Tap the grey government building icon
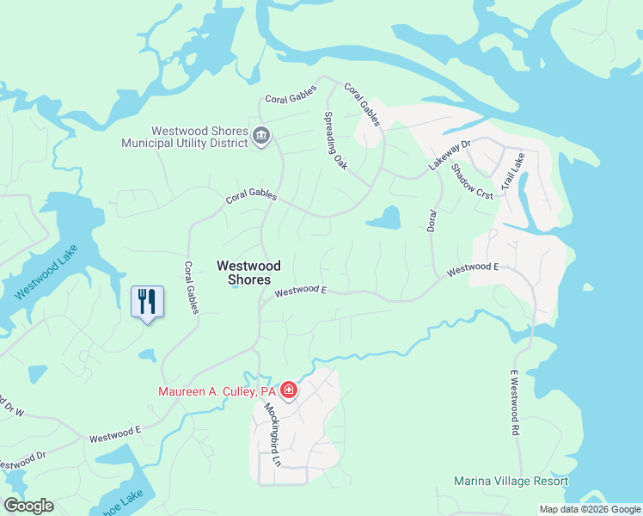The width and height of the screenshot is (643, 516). click(x=261, y=136)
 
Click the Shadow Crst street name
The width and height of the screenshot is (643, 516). click(x=472, y=181)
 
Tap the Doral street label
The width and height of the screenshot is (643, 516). click(x=432, y=219)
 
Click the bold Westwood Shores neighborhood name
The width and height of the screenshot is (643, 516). click(x=243, y=273)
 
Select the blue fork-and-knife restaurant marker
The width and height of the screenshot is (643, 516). click(x=147, y=302)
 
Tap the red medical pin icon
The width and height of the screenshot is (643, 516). click(x=290, y=391)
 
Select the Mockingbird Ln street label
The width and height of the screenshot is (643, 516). click(x=273, y=433)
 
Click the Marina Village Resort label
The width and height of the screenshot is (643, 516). click(x=511, y=481)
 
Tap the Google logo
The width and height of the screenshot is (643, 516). click(x=28, y=506)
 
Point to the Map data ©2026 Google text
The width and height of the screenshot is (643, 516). click(x=589, y=509)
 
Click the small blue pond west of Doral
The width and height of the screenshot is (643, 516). click(x=384, y=218)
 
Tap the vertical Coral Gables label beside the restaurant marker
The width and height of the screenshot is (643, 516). click(x=190, y=287)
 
